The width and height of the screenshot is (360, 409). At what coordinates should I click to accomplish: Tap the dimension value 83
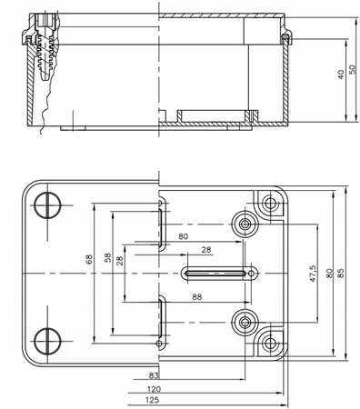[154, 374]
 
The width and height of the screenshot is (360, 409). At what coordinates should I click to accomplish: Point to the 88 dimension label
[196, 296]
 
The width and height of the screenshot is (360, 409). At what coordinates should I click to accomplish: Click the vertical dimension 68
[89, 259]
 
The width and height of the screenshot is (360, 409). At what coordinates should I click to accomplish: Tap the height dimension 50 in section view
[352, 74]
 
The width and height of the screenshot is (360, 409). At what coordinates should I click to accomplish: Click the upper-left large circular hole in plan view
[48, 206]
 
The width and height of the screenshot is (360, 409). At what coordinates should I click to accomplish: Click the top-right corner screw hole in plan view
[269, 203]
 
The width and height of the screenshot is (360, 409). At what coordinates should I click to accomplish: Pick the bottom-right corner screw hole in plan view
[269, 343]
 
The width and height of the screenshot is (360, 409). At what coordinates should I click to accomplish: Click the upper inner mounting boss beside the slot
[245, 224]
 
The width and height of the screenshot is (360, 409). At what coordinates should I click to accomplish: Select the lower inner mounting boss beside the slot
[245, 322]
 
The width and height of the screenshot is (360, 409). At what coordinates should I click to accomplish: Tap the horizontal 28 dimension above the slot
[205, 250]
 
